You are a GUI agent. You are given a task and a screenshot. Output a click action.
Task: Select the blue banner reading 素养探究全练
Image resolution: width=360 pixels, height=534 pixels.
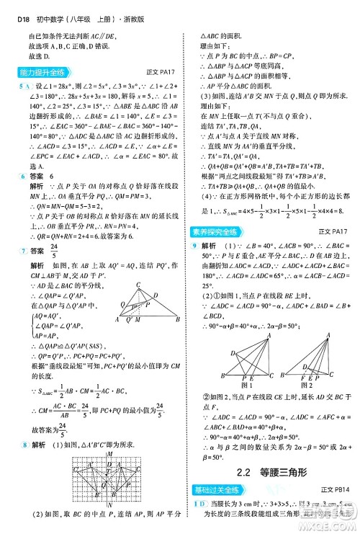(217, 231)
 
